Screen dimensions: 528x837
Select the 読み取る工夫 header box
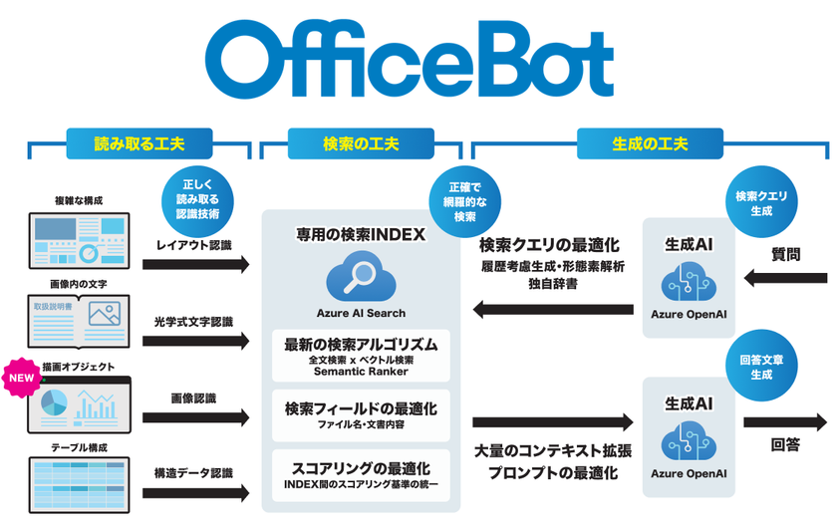coord(139,143)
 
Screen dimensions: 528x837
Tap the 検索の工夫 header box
coord(362,143)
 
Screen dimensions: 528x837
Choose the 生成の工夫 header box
coord(650,143)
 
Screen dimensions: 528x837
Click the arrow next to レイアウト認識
coord(195,265)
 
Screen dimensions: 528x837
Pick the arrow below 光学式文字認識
coord(195,341)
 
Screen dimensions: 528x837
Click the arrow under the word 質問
coord(786,280)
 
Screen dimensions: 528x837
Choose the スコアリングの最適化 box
coord(360,473)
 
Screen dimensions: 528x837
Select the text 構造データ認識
coord(193,472)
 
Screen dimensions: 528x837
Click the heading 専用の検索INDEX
coord(360,235)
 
